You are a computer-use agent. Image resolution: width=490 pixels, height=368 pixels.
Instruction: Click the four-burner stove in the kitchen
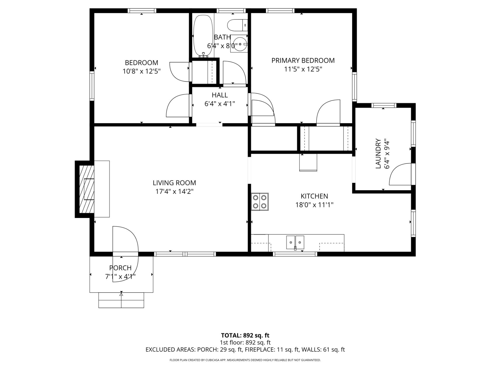[x=260, y=202]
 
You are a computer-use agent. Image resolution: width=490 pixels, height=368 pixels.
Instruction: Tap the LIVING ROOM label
[x=174, y=183]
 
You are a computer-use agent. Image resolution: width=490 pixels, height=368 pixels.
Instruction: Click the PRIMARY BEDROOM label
[x=303, y=60]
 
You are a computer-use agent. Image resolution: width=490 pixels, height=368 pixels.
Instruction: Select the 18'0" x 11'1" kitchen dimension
[x=314, y=205]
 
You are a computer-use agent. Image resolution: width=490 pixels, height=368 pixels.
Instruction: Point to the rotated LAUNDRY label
[x=378, y=153]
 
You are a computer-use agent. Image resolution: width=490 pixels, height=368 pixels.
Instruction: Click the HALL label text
[x=220, y=95]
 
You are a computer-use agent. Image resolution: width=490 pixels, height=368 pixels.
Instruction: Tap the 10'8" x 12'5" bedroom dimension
[x=141, y=71]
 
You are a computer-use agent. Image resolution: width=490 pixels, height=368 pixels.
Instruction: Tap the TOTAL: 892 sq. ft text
[x=245, y=335]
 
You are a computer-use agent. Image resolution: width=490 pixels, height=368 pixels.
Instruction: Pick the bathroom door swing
[x=234, y=72]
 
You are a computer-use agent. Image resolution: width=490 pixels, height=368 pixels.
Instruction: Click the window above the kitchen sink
[x=295, y=254]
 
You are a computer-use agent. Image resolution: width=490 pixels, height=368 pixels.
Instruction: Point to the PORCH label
[x=120, y=268]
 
